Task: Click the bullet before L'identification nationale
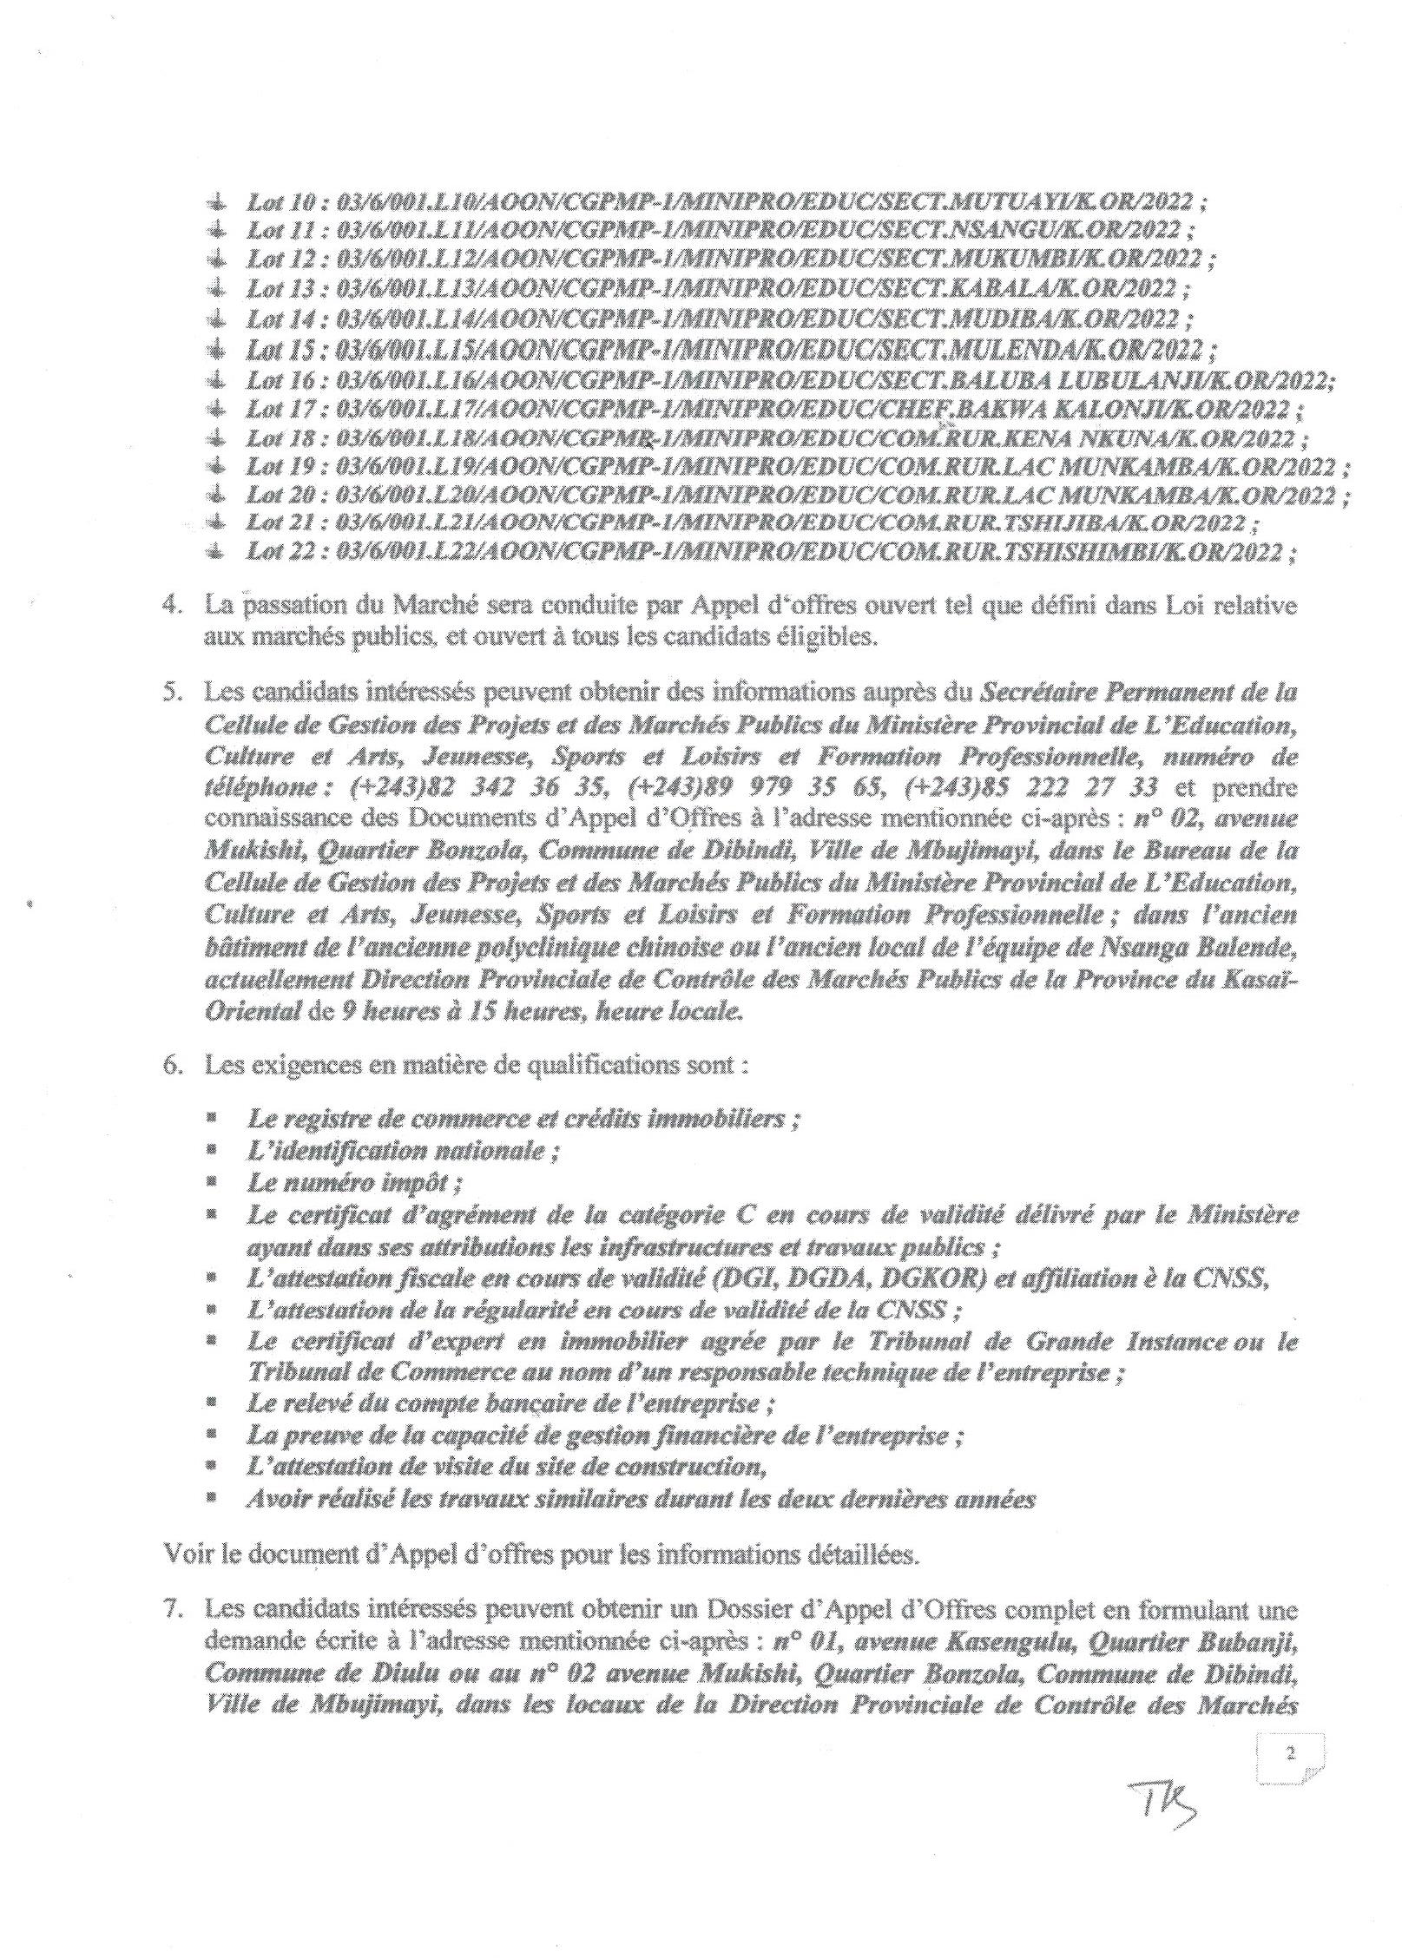point(211,1151)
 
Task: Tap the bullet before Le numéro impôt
point(211,1182)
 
